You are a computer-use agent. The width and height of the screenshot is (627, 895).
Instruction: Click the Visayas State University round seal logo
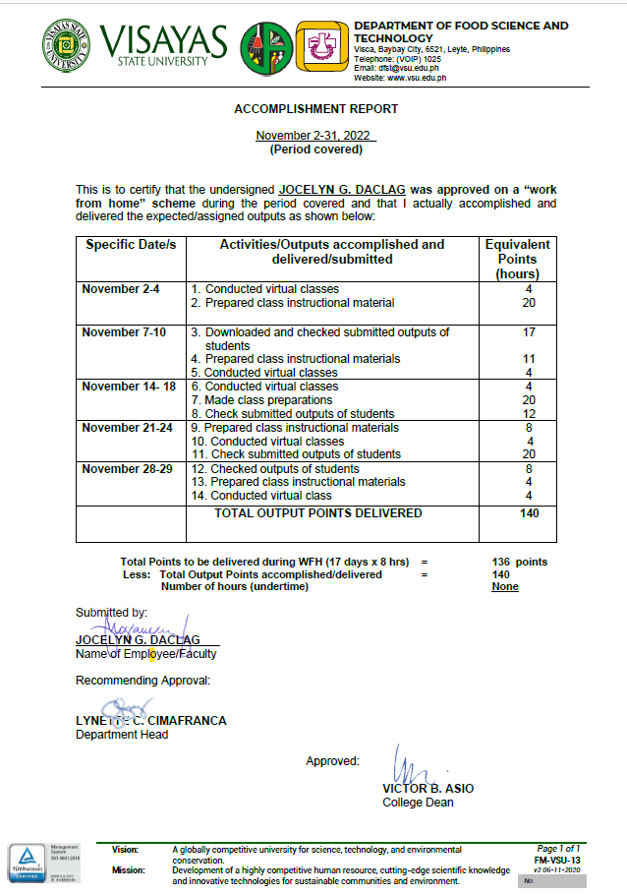click(x=69, y=46)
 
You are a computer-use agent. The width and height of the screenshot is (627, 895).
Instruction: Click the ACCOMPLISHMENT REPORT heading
click(x=315, y=109)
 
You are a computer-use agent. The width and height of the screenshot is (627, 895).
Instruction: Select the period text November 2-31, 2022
click(x=315, y=136)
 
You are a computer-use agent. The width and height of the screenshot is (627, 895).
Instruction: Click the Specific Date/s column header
click(x=131, y=245)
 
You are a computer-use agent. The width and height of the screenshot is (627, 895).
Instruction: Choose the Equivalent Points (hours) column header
click(x=518, y=259)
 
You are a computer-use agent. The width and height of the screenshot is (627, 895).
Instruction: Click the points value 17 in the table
click(x=529, y=332)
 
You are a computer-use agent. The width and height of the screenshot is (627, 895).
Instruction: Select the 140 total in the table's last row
click(x=529, y=513)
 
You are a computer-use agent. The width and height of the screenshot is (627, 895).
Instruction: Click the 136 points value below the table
click(x=520, y=562)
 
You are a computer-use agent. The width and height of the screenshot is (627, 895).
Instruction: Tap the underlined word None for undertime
click(x=505, y=586)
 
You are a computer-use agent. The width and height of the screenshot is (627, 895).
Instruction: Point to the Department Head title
click(x=122, y=734)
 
